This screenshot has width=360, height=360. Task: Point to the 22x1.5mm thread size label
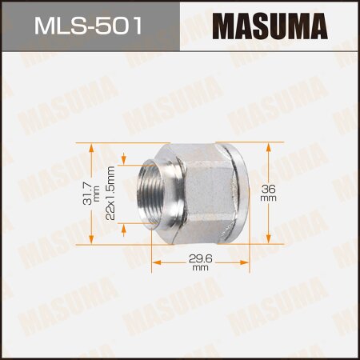tap(112, 192)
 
